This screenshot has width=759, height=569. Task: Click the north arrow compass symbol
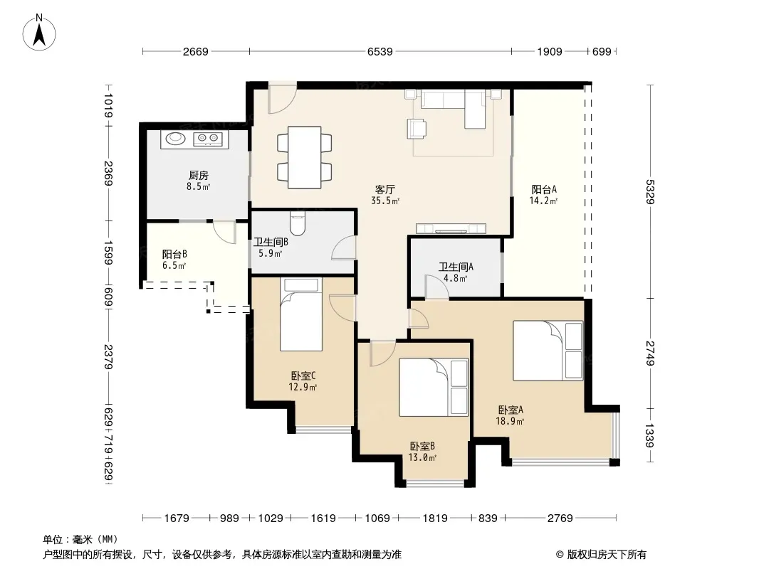pos(39,33)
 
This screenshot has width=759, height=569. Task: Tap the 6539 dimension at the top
pos(380,51)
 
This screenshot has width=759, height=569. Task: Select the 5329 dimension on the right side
pos(650,192)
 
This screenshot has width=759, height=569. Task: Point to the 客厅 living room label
pos(384,189)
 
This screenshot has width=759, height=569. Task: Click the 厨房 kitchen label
pos(199,175)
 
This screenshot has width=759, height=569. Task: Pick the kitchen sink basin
pos(175,139)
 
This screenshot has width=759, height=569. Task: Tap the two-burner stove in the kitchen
pos(208,139)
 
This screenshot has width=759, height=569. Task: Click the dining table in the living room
pos(305,158)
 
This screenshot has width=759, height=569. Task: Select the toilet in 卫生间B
pos(297,223)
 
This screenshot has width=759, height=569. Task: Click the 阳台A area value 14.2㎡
pos(543,201)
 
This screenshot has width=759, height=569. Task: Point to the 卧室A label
pos(511,410)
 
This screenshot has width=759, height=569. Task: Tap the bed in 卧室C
pos(301,314)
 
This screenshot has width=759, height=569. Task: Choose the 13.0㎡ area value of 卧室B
pos(423,457)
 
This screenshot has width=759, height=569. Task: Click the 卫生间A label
pos(456,267)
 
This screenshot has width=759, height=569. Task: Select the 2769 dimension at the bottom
pos(560,519)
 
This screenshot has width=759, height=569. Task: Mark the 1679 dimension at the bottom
pos(177,519)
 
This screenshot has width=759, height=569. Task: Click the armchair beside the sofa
pos(417,129)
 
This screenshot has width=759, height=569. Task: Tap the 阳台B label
pos(174,255)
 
